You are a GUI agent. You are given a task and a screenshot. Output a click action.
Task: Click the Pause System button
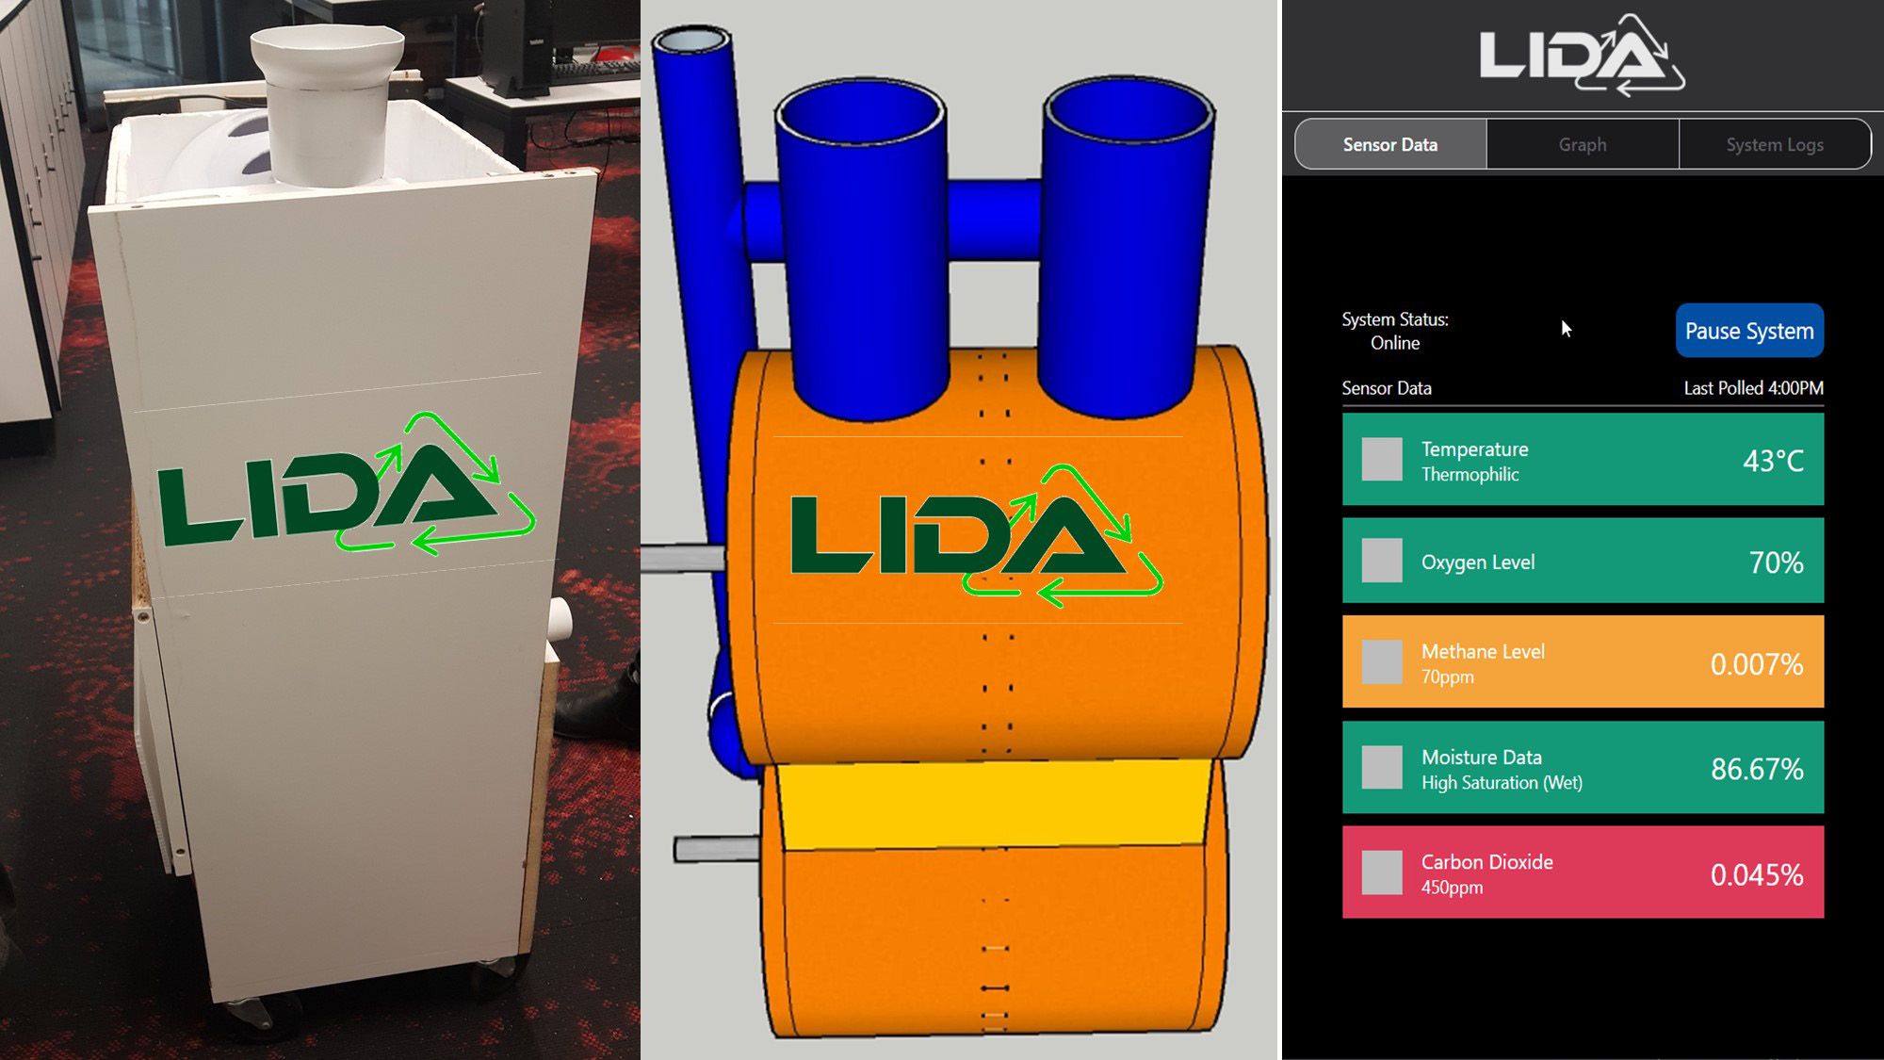pos(1749,331)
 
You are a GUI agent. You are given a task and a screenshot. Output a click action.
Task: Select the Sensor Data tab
pos(1390,144)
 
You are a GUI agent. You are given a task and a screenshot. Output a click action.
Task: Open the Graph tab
pos(1583,144)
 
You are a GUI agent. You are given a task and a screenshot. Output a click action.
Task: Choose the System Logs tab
pos(1775,144)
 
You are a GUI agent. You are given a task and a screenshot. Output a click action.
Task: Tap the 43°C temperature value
pos(1773,461)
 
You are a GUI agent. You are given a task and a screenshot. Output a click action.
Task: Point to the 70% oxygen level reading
pos(1776,563)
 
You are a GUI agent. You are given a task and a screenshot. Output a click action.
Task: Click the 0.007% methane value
pos(1757,664)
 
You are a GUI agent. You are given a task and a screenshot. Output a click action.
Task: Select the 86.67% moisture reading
pos(1757,769)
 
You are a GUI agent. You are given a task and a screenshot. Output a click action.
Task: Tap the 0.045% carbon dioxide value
pos(1757,874)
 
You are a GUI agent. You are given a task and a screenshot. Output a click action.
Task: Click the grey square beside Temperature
pos(1382,459)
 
